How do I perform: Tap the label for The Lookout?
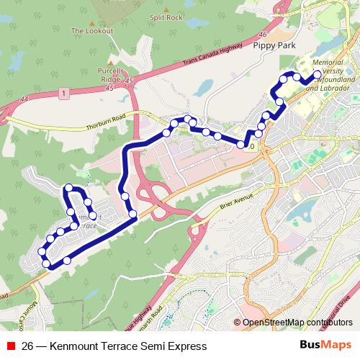point(88,31)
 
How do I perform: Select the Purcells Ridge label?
point(111,76)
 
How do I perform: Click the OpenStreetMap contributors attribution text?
point(297,323)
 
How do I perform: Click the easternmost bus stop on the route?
point(318,73)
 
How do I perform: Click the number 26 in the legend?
point(27,346)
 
